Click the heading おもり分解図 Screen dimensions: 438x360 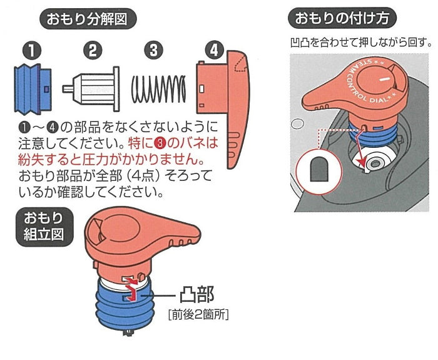click(x=88, y=19)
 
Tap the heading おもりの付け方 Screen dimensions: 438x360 click(x=342, y=18)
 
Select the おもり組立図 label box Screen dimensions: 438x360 click(x=44, y=227)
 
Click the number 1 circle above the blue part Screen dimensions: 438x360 click(x=32, y=51)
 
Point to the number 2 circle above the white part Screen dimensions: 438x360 click(x=93, y=50)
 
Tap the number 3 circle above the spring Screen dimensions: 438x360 click(x=153, y=51)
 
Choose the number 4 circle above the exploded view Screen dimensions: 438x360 click(x=214, y=51)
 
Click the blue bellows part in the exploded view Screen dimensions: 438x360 click(x=33, y=89)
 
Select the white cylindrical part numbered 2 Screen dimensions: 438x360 click(x=91, y=89)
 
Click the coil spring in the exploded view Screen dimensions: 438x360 click(x=158, y=89)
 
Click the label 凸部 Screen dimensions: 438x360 click(x=196, y=295)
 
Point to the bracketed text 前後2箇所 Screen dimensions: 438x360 click(x=198, y=315)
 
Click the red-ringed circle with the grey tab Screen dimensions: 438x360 click(x=319, y=170)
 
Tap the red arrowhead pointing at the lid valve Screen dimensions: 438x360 click(x=362, y=162)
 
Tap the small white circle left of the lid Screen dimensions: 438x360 click(x=297, y=123)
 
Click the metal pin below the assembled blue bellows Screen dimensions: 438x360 click(x=128, y=332)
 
